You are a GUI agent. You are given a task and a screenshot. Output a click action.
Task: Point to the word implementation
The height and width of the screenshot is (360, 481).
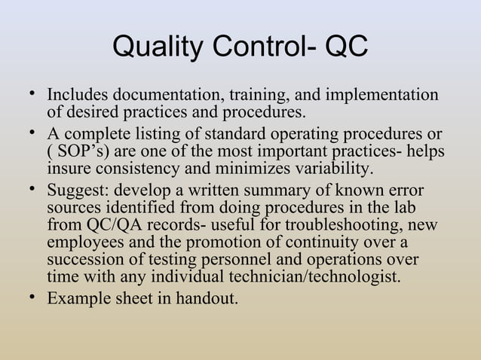tap(382, 96)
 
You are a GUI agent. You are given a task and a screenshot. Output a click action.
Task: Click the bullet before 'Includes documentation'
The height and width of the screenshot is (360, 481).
tap(31, 93)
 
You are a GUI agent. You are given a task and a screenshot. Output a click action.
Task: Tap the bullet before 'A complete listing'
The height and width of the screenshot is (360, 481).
tap(31, 133)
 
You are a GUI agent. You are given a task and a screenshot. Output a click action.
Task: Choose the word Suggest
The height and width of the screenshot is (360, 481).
tap(78, 190)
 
